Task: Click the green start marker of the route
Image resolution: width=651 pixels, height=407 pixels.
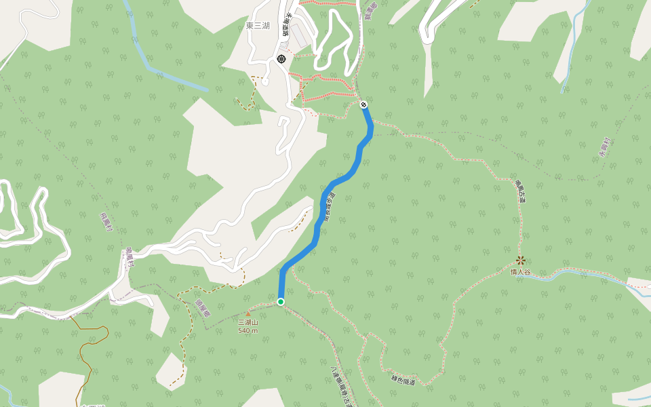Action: pyautogui.click(x=280, y=301)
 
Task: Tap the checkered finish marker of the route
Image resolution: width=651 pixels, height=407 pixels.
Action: pyautogui.click(x=364, y=104)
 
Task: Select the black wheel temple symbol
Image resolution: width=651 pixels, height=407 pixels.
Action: pyautogui.click(x=281, y=59)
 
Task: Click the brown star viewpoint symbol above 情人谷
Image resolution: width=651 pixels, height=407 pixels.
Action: pyautogui.click(x=521, y=260)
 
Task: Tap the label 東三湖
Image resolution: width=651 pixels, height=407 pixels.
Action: pyautogui.click(x=258, y=26)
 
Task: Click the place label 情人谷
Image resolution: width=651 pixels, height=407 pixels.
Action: pyautogui.click(x=520, y=272)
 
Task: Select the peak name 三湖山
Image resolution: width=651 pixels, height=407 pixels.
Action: pyautogui.click(x=248, y=322)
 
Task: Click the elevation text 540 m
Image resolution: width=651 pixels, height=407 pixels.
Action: pyautogui.click(x=248, y=330)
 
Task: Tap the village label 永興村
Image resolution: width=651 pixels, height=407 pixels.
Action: pyautogui.click(x=605, y=147)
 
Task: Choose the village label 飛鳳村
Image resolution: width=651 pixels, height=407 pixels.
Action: pyautogui.click(x=104, y=220)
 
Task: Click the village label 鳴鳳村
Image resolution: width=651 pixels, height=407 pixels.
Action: pyautogui.click(x=128, y=258)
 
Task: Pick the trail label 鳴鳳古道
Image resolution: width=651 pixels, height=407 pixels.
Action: pyautogui.click(x=520, y=192)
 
